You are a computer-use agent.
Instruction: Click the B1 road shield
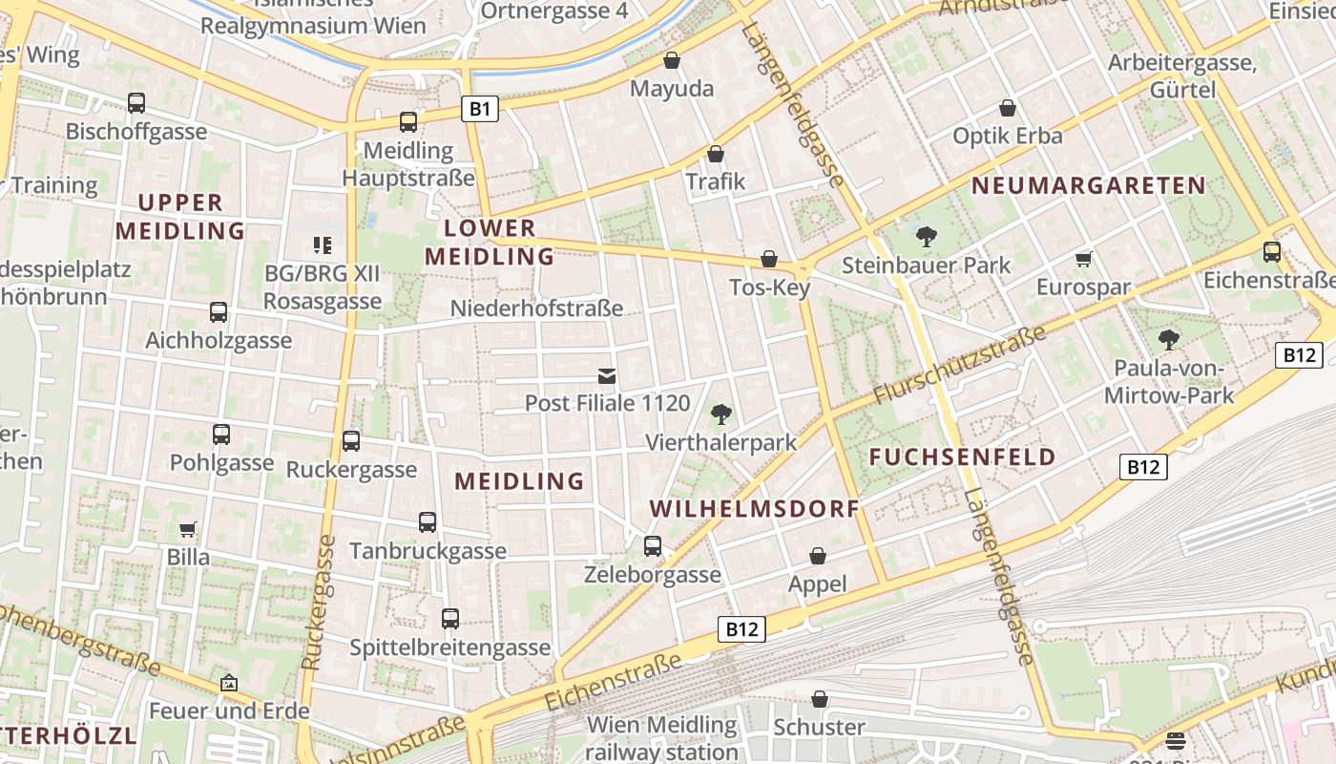tap(480, 109)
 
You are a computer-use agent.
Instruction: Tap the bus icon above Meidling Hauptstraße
tap(408, 121)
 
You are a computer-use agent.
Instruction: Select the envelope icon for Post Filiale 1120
tap(607, 375)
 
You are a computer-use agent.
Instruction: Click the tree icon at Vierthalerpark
tap(721, 414)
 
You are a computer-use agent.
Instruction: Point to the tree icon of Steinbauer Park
tap(926, 237)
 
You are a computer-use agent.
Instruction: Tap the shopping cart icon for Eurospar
tap(1083, 259)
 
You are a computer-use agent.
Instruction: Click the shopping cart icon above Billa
tap(188, 529)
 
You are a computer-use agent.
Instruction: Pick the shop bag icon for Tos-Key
tap(769, 259)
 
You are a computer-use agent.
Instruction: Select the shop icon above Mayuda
tap(672, 60)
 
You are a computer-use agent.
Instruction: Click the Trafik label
tap(715, 181)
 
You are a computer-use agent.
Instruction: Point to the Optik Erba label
tap(1007, 136)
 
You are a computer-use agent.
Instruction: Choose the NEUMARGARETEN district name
tap(1089, 186)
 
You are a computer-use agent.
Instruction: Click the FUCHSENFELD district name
tap(962, 456)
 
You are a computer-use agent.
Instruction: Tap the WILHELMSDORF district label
tap(755, 508)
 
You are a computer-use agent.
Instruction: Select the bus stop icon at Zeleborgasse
tap(653, 545)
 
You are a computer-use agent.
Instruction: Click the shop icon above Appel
tap(818, 556)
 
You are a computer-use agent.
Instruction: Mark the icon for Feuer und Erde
tap(228, 683)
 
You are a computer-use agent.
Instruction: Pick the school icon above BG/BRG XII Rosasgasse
tap(322, 245)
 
